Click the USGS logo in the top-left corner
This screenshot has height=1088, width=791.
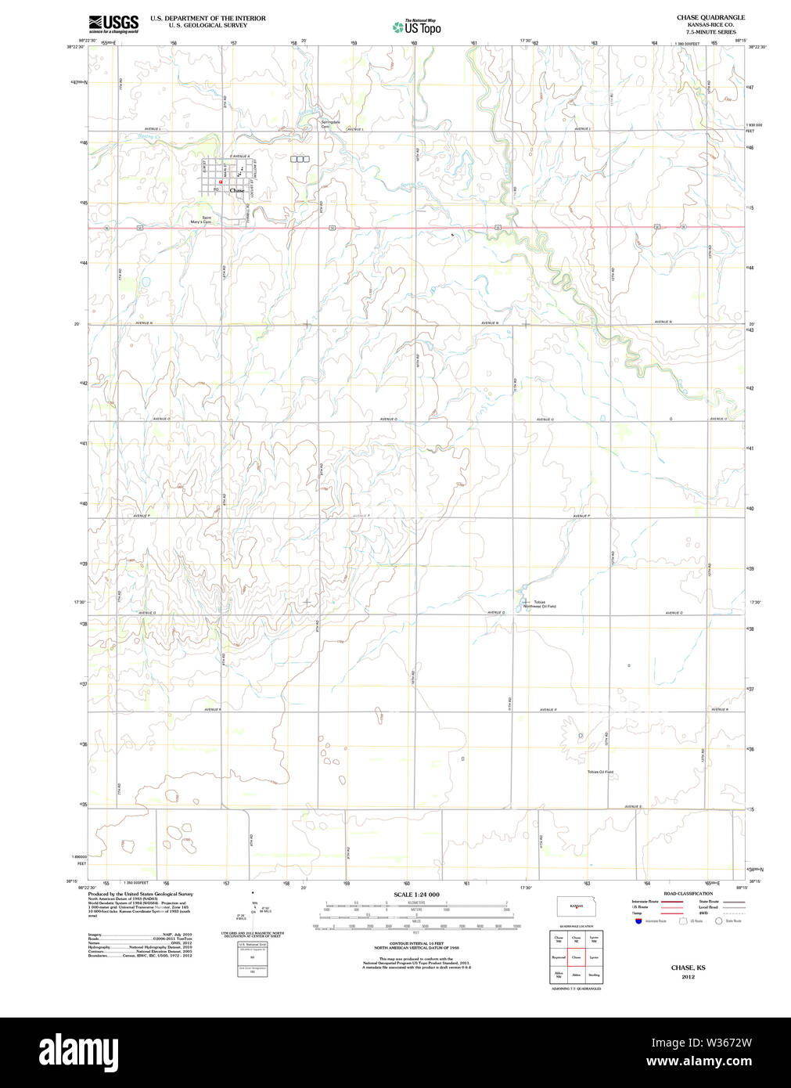point(113,23)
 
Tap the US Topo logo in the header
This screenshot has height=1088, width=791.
point(417,27)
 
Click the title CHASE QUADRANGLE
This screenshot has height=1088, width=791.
point(710,17)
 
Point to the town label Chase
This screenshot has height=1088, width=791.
point(236,190)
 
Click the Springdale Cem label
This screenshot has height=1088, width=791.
point(330,124)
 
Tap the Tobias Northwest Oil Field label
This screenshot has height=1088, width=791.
point(540,604)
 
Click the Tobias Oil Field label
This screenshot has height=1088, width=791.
point(600,772)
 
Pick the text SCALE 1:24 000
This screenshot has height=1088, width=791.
point(416,895)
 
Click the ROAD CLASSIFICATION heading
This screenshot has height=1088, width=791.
point(688,894)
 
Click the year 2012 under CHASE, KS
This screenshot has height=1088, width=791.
point(688,977)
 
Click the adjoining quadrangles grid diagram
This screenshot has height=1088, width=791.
point(576,957)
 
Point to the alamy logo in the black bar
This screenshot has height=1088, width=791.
point(78,1050)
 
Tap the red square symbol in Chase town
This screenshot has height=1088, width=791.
point(221,182)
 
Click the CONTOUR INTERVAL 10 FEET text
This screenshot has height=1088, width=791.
point(416,945)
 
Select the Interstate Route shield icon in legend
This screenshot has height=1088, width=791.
point(638,921)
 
